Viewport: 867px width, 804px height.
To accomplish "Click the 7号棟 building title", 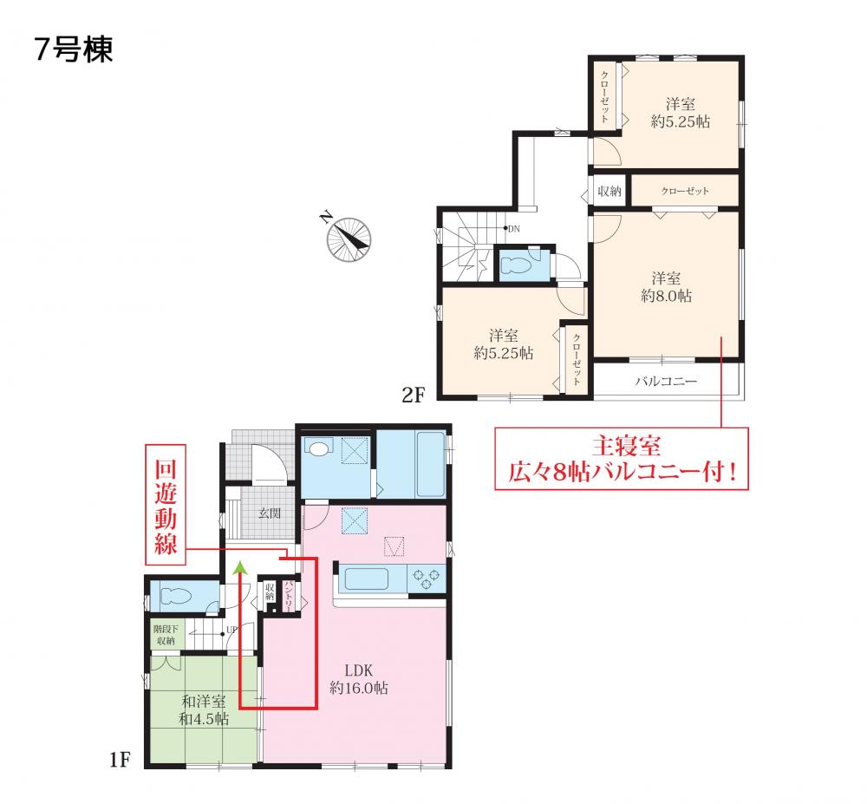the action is pyautogui.click(x=74, y=49).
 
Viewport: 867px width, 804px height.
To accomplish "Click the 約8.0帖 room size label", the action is pyautogui.click(x=666, y=296).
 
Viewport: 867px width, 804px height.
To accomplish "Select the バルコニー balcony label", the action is pyautogui.click(x=666, y=381).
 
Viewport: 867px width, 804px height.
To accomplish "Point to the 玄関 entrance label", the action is pyautogui.click(x=270, y=513).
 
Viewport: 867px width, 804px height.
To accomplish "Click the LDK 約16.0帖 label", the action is pyautogui.click(x=359, y=679).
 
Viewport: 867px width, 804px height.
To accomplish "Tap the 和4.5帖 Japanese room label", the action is pyautogui.click(x=204, y=719).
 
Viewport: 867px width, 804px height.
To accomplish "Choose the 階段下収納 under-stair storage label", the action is pyautogui.click(x=166, y=635).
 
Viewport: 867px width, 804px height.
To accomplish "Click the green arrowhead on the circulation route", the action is pyautogui.click(x=240, y=567).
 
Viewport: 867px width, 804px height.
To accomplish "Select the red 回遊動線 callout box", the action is pyautogui.click(x=166, y=505).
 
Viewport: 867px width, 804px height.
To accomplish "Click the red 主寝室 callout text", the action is pyautogui.click(x=627, y=445).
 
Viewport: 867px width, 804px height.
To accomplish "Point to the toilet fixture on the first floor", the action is pyautogui.click(x=176, y=597).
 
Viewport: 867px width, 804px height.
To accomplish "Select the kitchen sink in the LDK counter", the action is pyautogui.click(x=366, y=579).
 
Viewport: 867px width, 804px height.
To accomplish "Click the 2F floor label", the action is pyautogui.click(x=413, y=395).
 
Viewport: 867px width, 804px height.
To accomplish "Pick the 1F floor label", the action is pyautogui.click(x=120, y=760).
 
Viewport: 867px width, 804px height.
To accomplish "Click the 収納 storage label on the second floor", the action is pyautogui.click(x=610, y=192).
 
